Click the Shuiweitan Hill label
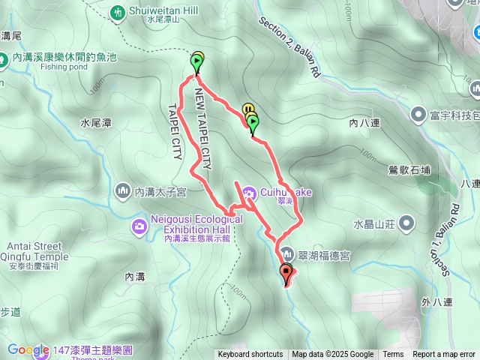154,11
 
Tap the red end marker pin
286,274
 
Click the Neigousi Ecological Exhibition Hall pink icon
139,226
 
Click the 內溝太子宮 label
159,193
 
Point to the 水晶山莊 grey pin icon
406,223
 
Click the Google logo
28,349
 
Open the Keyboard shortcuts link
250,355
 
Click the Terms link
393,355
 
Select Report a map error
445,355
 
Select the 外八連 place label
437,302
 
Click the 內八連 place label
365,120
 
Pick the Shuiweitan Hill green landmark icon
118,12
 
